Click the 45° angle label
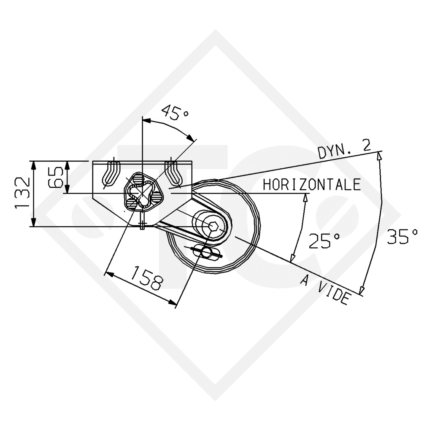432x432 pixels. pyautogui.click(x=175, y=112)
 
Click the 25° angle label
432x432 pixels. pyautogui.click(x=324, y=240)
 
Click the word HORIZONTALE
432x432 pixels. pyautogui.click(x=312, y=185)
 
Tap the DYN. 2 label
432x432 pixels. pyautogui.click(x=344, y=149)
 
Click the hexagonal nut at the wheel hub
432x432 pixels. pyautogui.click(x=213, y=226)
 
